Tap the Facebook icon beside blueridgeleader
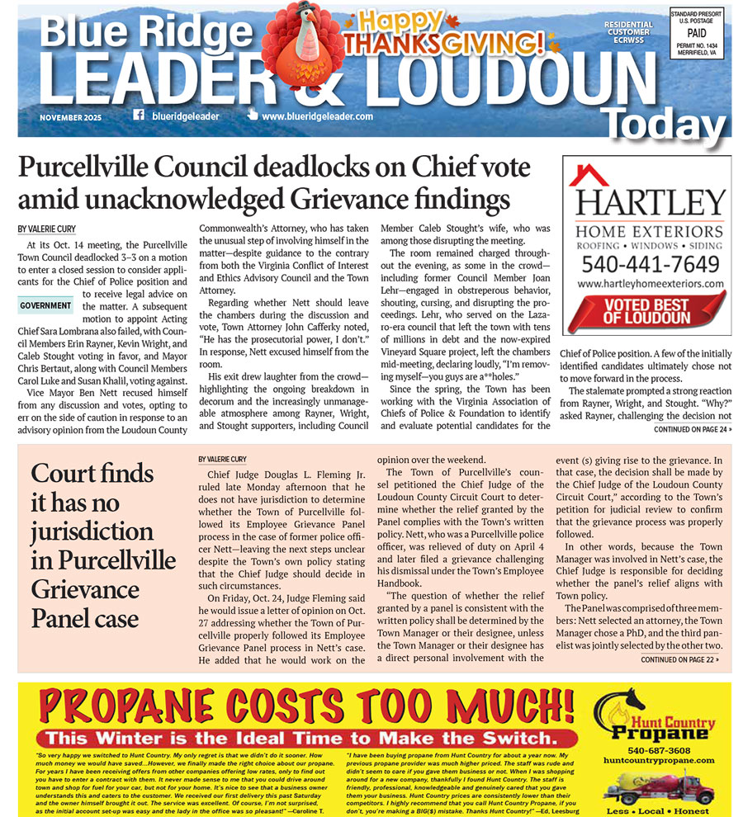138,116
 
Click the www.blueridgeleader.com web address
316,116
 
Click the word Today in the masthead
666,125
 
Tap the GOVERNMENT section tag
46,305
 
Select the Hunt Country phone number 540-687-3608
646,750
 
